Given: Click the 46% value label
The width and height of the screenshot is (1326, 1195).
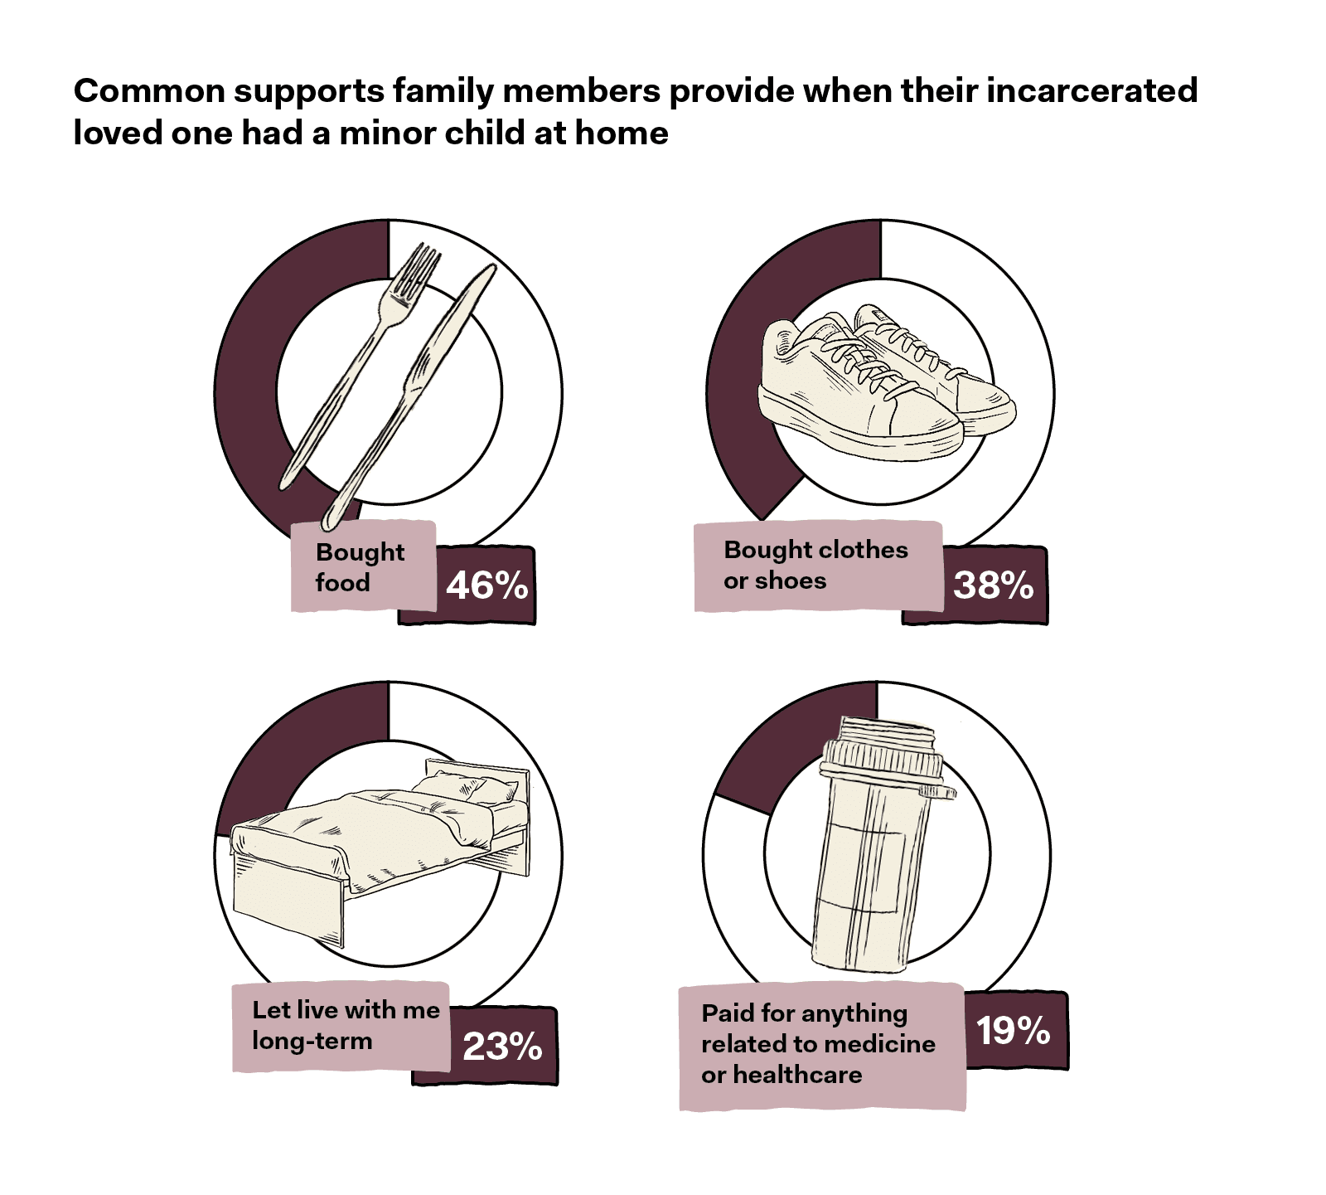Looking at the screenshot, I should tap(487, 585).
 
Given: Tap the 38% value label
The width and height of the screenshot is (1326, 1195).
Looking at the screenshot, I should tap(993, 585).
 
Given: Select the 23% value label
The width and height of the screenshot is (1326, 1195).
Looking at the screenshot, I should tap(502, 1047).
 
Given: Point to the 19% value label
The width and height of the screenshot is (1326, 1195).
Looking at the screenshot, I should tap(1013, 1031).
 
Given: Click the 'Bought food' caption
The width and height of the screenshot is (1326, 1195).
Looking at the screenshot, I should tap(361, 567).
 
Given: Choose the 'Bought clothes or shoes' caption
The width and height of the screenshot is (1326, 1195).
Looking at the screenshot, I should tap(815, 565).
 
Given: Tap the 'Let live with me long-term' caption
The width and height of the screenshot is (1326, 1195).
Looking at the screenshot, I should tap(345, 1025).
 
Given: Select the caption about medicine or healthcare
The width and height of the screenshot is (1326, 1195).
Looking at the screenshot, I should tap(817, 1043).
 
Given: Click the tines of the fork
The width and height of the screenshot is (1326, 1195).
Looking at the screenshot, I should tap(419, 270).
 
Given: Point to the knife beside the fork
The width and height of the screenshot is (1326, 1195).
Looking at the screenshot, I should tap(414, 390).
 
